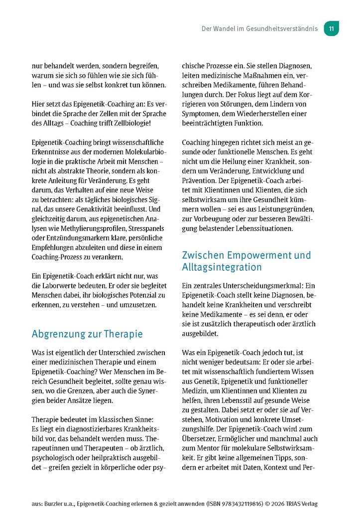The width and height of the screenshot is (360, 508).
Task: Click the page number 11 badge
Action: click(331, 29)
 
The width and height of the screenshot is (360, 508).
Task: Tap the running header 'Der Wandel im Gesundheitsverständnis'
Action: click(259, 29)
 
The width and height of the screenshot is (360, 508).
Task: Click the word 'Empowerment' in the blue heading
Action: click(263, 255)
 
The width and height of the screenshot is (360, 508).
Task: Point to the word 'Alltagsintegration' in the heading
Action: click(222, 267)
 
